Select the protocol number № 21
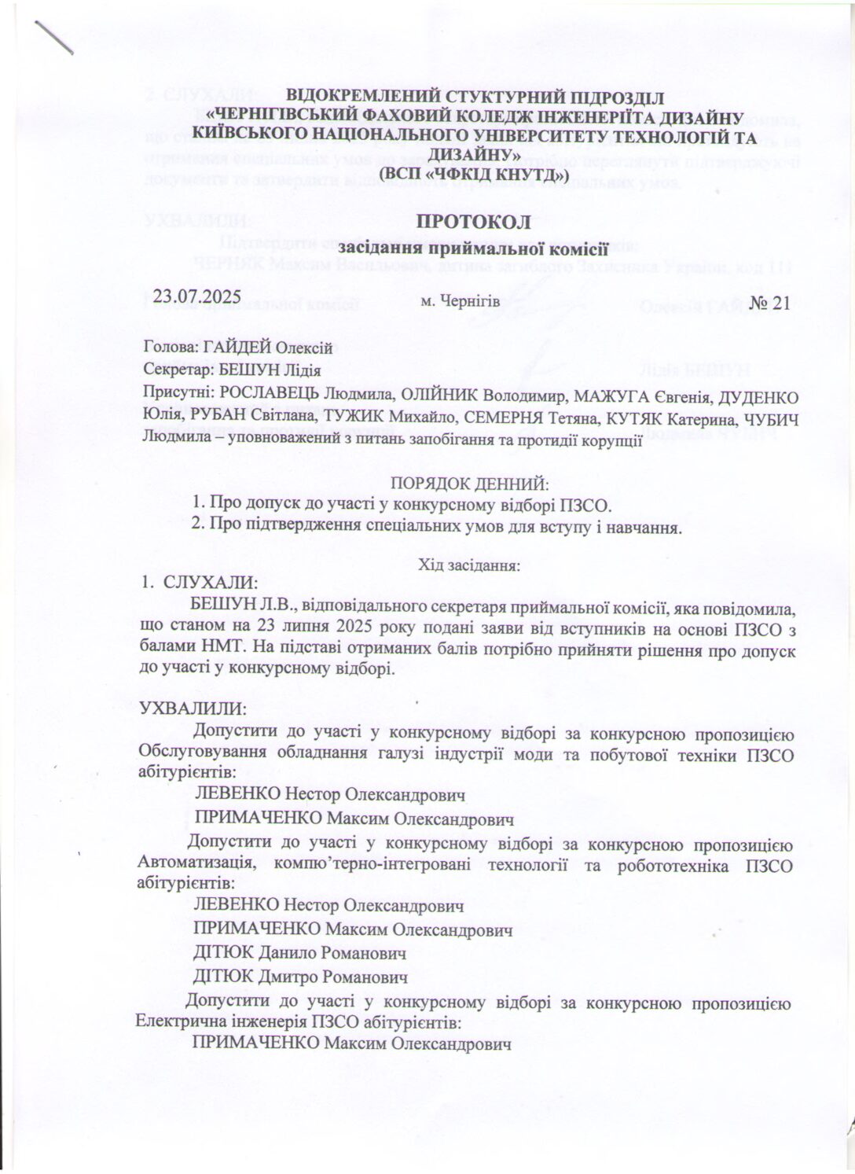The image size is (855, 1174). [x=769, y=303]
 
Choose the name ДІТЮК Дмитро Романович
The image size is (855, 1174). [x=301, y=977]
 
